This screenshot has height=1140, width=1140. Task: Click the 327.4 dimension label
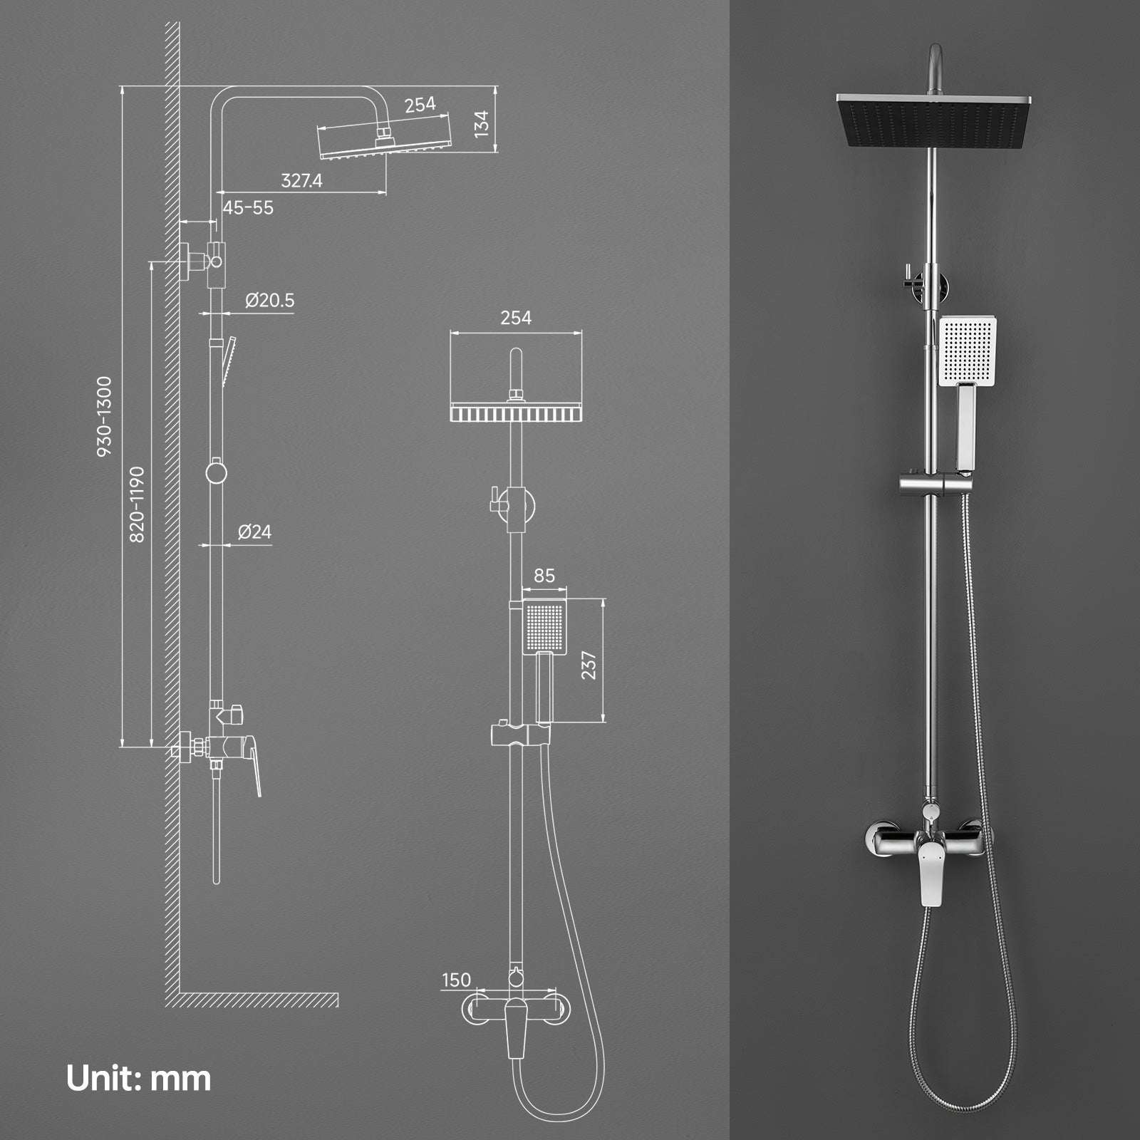301,181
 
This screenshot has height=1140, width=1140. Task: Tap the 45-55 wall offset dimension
248,208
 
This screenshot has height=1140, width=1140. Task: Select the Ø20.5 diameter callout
269,300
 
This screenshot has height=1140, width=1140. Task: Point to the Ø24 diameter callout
254,532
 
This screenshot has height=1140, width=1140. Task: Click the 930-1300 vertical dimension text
104,417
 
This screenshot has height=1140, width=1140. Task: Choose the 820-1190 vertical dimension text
137,504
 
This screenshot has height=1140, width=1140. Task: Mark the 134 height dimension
482,123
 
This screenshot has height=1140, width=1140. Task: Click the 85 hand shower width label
544,575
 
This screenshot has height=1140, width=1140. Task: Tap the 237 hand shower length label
589,665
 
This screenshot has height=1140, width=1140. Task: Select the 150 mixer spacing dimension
456,980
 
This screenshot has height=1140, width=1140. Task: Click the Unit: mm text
139,1078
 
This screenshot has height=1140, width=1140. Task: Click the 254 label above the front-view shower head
516,318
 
